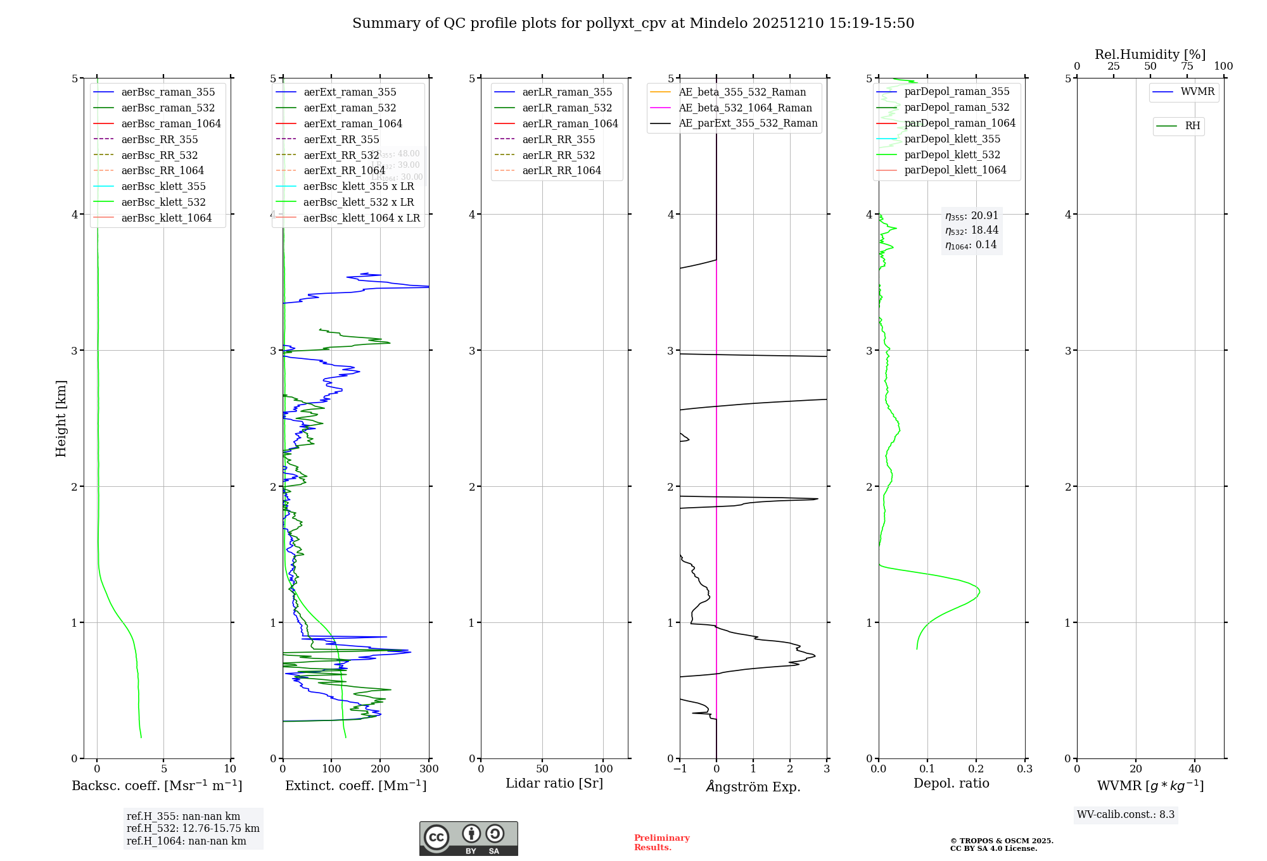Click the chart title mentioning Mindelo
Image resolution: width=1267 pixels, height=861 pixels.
tap(633, 23)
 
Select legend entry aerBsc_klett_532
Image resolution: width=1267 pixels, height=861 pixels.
tap(163, 202)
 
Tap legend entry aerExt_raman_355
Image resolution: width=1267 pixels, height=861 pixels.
tap(350, 92)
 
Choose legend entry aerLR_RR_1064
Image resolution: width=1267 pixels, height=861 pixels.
tap(561, 170)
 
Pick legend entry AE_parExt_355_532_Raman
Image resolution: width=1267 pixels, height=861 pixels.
tap(748, 123)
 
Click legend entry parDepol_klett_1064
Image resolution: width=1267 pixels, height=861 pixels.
tap(955, 170)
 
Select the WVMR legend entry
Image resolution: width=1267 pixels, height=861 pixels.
tap(1197, 92)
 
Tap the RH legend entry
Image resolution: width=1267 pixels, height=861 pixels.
tap(1192, 126)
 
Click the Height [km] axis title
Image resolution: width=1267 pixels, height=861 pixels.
tap(61, 418)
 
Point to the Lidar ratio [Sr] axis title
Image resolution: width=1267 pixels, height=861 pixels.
tap(554, 783)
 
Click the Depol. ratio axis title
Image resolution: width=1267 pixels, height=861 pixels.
tap(951, 783)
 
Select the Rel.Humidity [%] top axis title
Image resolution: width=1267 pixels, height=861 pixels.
tap(1150, 54)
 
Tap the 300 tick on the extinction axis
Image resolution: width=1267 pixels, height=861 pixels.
tap(429, 769)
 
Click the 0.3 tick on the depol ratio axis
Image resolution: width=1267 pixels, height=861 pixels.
tap(1024, 769)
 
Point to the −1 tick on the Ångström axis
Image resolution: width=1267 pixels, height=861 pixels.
tap(680, 769)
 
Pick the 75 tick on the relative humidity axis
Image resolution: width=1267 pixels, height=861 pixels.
tap(1187, 66)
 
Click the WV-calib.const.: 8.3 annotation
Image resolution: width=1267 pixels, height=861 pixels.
tap(1125, 815)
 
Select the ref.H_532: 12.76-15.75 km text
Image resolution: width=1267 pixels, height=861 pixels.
tap(193, 829)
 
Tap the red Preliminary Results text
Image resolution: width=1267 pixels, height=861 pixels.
tap(661, 843)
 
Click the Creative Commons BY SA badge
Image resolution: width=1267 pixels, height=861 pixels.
tap(468, 839)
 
